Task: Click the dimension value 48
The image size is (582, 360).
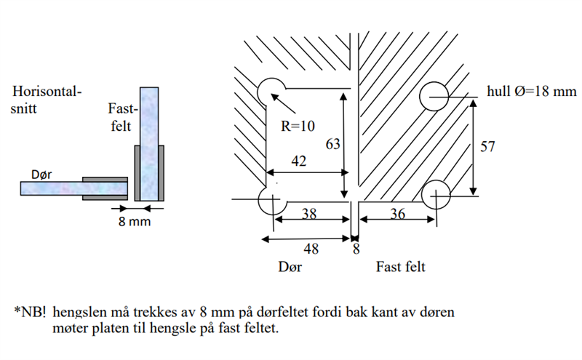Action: tap(312, 249)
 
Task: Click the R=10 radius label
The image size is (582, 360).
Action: tap(298, 125)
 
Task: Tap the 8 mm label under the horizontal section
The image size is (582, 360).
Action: tap(135, 220)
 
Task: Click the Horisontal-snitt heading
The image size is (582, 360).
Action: tap(47, 100)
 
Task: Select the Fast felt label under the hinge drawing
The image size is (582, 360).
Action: tap(400, 267)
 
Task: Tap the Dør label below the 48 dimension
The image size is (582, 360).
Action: tap(290, 267)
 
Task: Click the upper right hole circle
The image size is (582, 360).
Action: tap(436, 95)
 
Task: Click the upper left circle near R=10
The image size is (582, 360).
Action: tap(272, 92)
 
